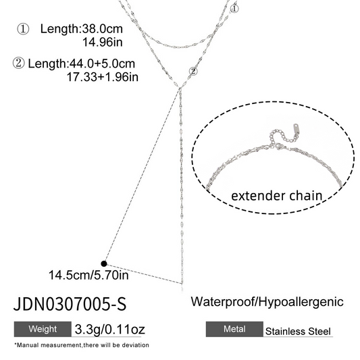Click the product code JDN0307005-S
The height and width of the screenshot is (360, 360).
click(70, 304)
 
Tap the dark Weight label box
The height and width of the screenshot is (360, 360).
click(43, 329)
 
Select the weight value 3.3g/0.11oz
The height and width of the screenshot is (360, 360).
click(109, 330)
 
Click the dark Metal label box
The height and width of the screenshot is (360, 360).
click(234, 329)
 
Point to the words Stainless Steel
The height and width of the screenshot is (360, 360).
click(298, 332)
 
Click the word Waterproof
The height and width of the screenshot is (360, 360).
click(222, 302)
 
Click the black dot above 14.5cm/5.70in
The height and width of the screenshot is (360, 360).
click(104, 263)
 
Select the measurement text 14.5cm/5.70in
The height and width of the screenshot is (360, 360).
click(88, 275)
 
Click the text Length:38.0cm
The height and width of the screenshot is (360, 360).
click(82, 29)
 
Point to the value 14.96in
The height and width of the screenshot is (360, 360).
click(103, 43)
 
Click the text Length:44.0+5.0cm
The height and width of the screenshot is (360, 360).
click(81, 63)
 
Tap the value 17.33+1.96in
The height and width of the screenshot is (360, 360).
click(103, 77)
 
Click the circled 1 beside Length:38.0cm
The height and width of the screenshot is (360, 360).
click(23, 29)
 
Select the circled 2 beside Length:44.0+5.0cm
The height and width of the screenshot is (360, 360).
click(18, 63)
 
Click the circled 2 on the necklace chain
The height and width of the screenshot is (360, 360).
click(193, 72)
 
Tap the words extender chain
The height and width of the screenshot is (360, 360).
click(276, 196)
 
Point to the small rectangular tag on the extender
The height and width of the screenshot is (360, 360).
click(295, 129)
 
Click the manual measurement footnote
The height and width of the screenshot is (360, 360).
click(82, 345)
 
